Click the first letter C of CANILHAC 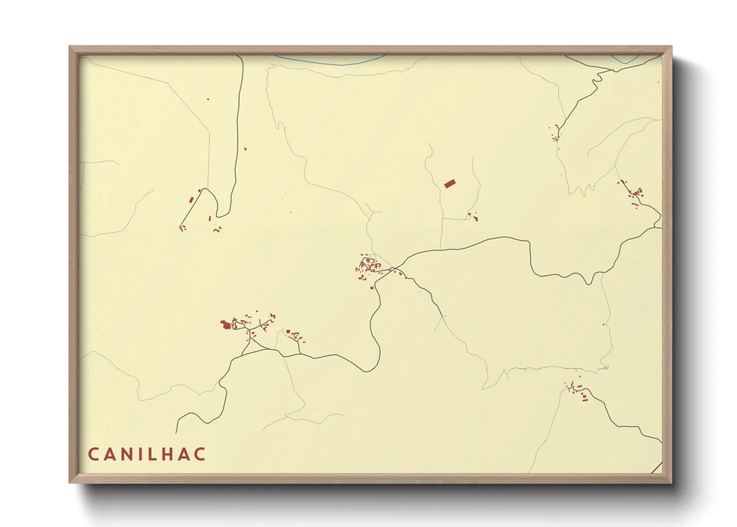pyautogui.click(x=93, y=454)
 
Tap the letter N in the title pyautogui.click(x=127, y=454)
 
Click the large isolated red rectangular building pyautogui.click(x=450, y=184)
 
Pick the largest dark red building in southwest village pyautogui.click(x=226, y=325)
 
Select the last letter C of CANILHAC pyautogui.click(x=200, y=454)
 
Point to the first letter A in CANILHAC pyautogui.click(x=110, y=454)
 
